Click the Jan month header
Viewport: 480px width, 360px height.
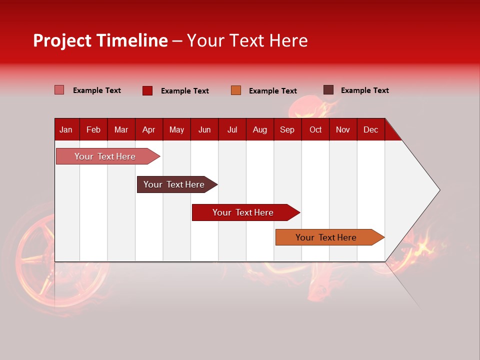[x=66, y=129]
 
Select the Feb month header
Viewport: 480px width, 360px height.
[x=93, y=129]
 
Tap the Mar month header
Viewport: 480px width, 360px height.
[x=121, y=129]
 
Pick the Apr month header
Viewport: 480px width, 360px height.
[x=148, y=129]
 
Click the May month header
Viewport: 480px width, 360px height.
[x=176, y=129]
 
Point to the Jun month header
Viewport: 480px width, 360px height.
[x=204, y=129]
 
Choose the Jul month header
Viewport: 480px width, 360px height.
[x=232, y=129]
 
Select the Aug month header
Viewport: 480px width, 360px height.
[x=259, y=129]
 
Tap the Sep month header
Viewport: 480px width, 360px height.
[x=287, y=129]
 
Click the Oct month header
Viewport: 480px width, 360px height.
[x=315, y=129]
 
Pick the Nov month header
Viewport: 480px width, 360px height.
[x=343, y=129]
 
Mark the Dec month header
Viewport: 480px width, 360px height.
[x=370, y=129]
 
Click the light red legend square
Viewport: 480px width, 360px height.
[x=59, y=90]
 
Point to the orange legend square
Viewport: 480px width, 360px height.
[x=236, y=90]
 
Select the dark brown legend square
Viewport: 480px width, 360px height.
[x=328, y=90]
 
